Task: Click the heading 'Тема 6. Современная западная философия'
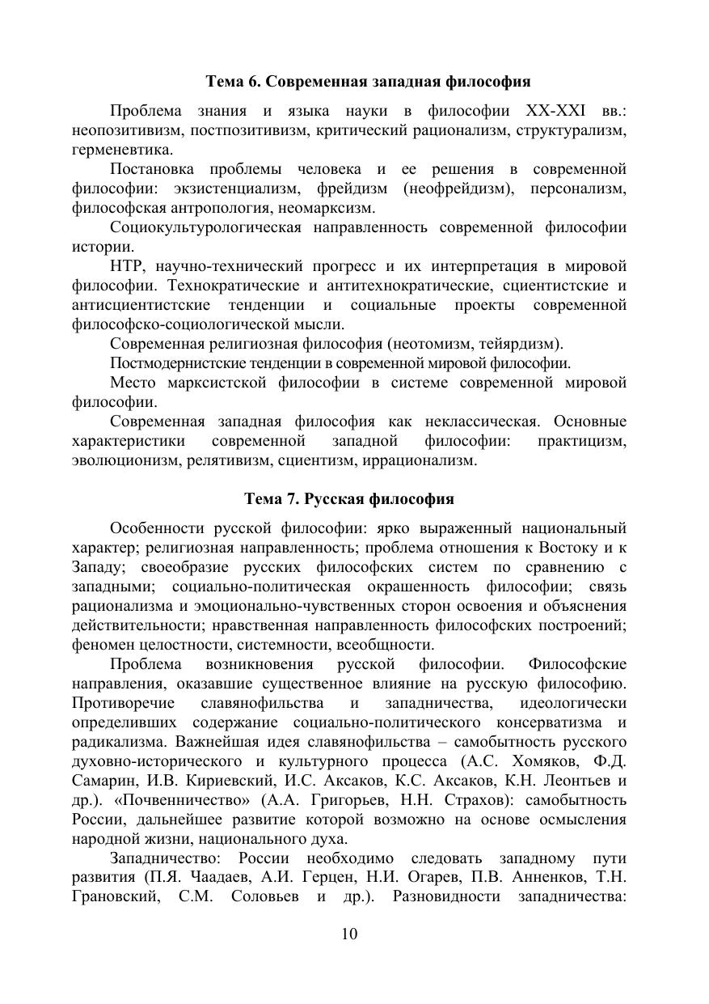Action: (x=368, y=82)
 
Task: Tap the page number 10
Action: (x=349, y=934)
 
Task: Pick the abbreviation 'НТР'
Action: (x=127, y=266)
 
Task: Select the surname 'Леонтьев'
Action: (x=568, y=781)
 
